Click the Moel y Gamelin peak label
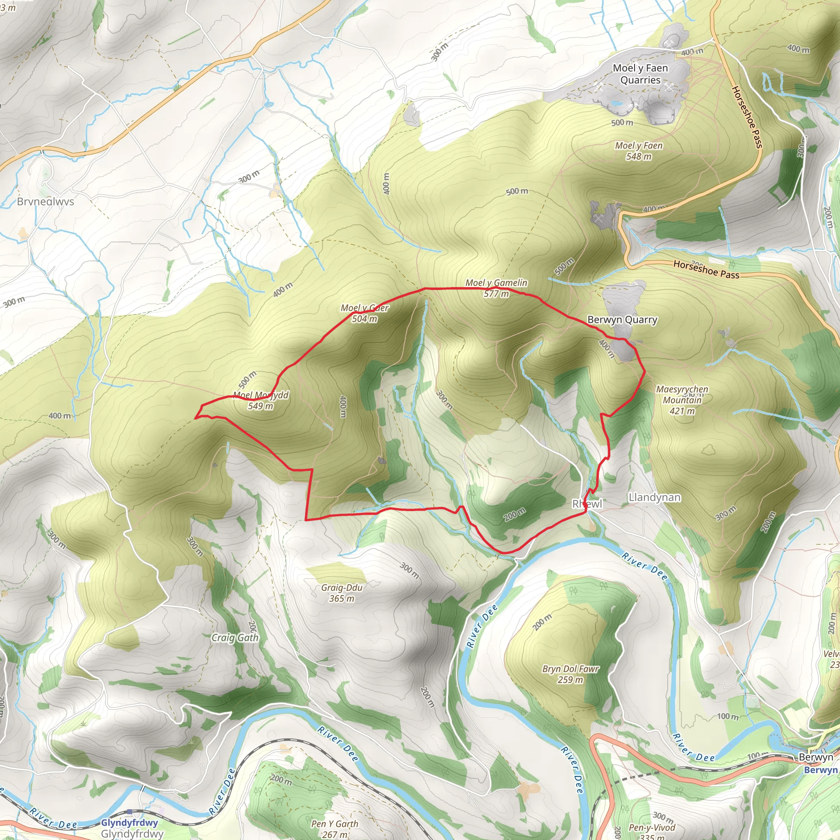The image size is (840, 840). pyautogui.click(x=496, y=283)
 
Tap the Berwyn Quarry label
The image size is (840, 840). pyautogui.click(x=622, y=320)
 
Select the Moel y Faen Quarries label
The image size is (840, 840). pyautogui.click(x=640, y=74)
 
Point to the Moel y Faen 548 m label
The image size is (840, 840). pyautogui.click(x=639, y=151)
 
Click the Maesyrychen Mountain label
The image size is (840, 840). pyautogui.click(x=682, y=394)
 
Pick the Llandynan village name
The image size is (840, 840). pyautogui.click(x=654, y=497)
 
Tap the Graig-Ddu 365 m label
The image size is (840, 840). pyautogui.click(x=342, y=593)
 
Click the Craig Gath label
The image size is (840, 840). pyautogui.click(x=235, y=637)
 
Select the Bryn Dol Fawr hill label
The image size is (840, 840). pyautogui.click(x=571, y=669)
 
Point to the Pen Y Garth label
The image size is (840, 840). pyautogui.click(x=335, y=824)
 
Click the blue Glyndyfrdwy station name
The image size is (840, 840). pyautogui.click(x=129, y=823)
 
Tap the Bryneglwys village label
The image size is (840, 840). pyautogui.click(x=45, y=202)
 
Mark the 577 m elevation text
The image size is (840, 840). pyautogui.click(x=496, y=294)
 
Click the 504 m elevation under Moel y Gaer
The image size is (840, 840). pyautogui.click(x=364, y=319)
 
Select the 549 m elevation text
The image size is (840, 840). pyautogui.click(x=260, y=406)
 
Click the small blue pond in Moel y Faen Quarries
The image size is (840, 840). pyautogui.click(x=616, y=103)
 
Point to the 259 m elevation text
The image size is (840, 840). pyautogui.click(x=571, y=680)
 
